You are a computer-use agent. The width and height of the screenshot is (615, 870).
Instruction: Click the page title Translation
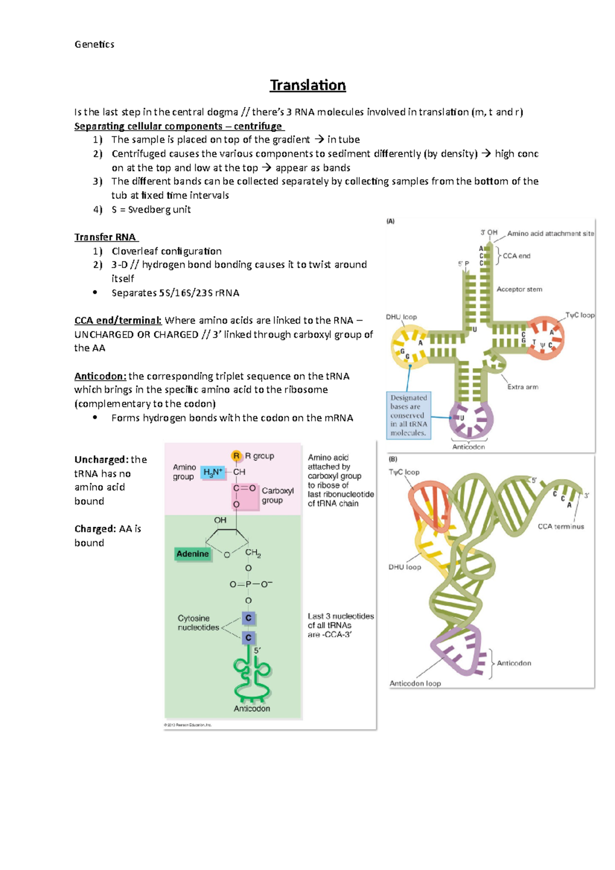(x=307, y=85)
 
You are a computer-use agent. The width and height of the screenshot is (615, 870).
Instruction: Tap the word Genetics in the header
(x=94, y=45)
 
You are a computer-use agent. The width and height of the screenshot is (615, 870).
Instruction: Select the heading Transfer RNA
(x=105, y=237)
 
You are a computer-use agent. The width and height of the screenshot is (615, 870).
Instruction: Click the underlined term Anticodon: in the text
(x=100, y=376)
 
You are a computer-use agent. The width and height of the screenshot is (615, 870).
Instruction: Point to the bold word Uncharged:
(x=100, y=460)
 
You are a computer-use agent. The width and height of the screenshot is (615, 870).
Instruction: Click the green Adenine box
(x=193, y=554)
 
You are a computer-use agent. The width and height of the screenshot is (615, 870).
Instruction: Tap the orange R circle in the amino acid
(x=236, y=455)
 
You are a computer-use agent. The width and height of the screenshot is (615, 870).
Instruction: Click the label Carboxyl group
(x=277, y=495)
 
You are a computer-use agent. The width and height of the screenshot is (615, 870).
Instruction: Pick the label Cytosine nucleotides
(x=198, y=623)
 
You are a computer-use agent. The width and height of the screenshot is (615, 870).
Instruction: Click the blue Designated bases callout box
(x=408, y=416)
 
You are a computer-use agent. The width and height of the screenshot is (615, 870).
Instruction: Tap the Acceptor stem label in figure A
(x=519, y=289)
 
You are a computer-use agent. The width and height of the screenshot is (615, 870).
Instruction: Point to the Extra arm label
(x=523, y=387)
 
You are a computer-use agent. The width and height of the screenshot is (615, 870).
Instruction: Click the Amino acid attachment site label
(x=550, y=234)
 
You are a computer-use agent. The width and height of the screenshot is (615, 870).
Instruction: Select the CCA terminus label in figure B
(x=561, y=527)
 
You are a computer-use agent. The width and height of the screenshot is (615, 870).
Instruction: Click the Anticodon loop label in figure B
(x=415, y=683)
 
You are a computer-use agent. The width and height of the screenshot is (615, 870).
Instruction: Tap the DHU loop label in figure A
(x=401, y=317)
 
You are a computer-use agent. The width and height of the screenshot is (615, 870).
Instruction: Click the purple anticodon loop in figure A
(x=471, y=419)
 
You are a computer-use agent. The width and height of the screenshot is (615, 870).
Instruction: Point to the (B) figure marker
(x=393, y=460)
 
